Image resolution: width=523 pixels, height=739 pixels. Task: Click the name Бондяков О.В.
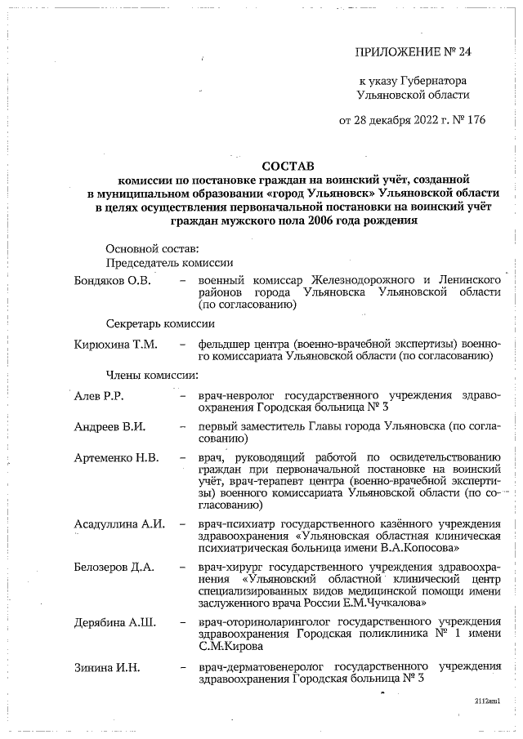point(112,280)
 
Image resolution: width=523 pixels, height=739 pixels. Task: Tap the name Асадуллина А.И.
point(119,523)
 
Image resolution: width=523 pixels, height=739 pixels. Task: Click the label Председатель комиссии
point(170,263)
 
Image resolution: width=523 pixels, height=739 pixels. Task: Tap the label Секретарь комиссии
point(163,324)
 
